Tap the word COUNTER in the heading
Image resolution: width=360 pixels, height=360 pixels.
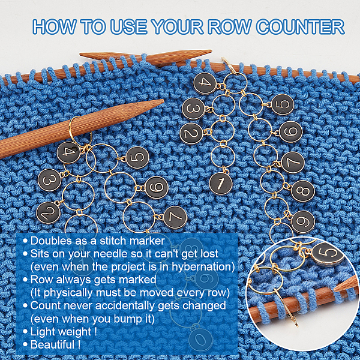pos(301,27)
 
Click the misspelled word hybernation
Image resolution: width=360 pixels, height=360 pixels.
pos(203,267)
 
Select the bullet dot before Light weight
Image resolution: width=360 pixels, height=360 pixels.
pos(25,332)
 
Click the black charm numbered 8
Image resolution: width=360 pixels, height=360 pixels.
pos(302,191)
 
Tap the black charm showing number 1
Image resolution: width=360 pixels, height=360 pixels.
pos(220,184)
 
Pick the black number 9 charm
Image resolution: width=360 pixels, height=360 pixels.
pos(303,221)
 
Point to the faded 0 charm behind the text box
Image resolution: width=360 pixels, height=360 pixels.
pos(200,340)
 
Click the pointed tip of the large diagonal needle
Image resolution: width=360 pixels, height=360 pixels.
pos(163,100)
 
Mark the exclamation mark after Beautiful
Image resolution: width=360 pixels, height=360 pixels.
pos(79,344)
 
